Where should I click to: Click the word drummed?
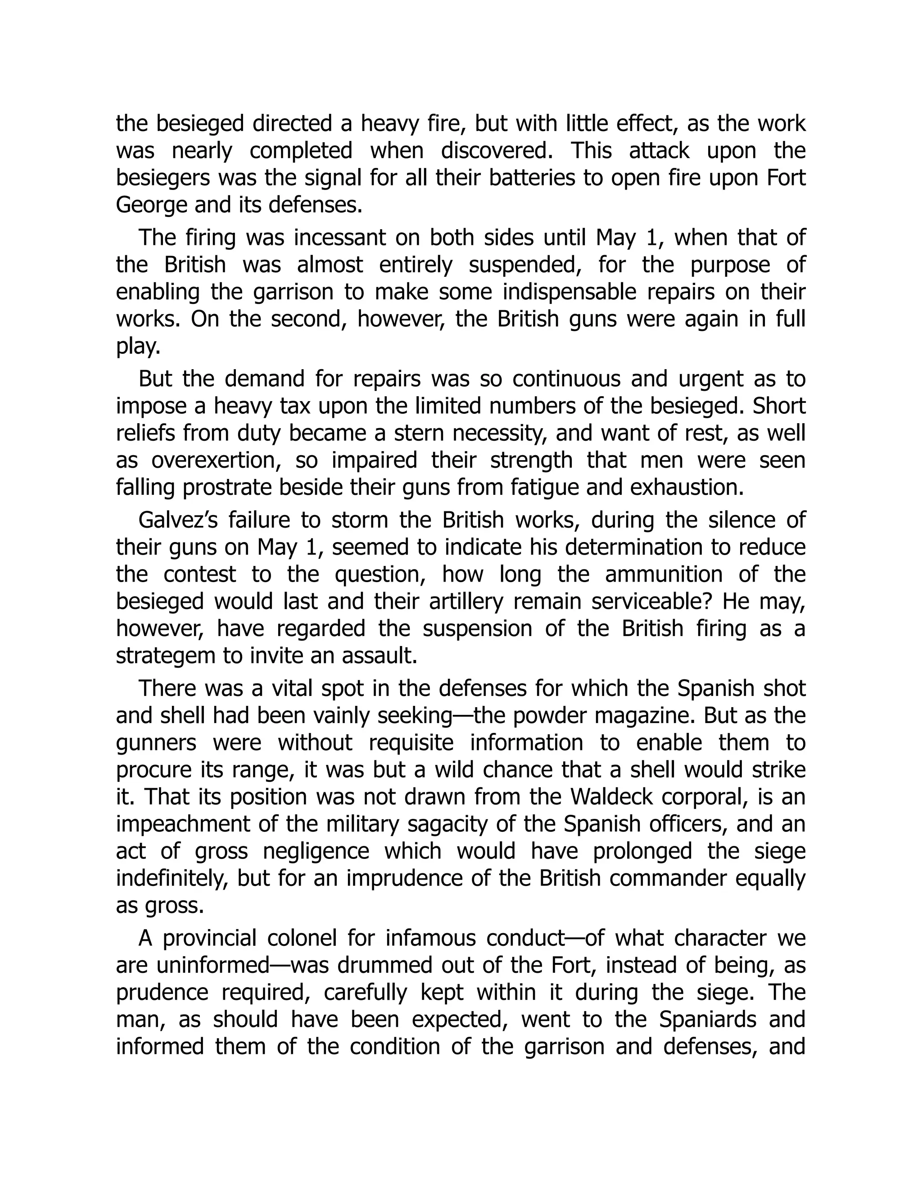point(379,965)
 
